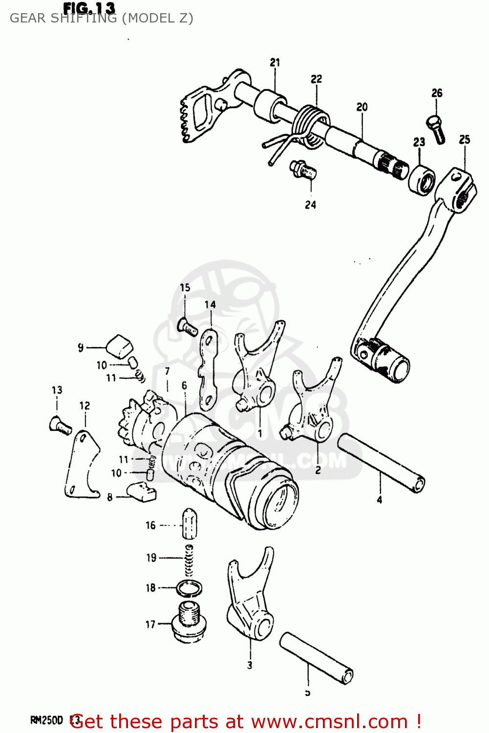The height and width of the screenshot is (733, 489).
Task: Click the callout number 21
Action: click(275, 63)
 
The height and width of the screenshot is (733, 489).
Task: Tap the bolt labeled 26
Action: click(436, 128)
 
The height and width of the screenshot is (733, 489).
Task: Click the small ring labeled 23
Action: click(422, 180)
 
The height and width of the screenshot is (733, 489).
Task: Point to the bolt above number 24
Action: click(303, 170)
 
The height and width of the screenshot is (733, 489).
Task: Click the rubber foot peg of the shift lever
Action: click(391, 365)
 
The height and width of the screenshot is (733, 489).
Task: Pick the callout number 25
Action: click(464, 140)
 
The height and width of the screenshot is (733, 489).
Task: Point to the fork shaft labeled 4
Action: click(381, 462)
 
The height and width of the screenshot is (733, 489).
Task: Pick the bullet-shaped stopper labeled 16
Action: click(190, 523)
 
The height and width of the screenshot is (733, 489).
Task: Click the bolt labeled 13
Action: click(60, 425)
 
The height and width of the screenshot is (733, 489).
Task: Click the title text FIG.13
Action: click(89, 8)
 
